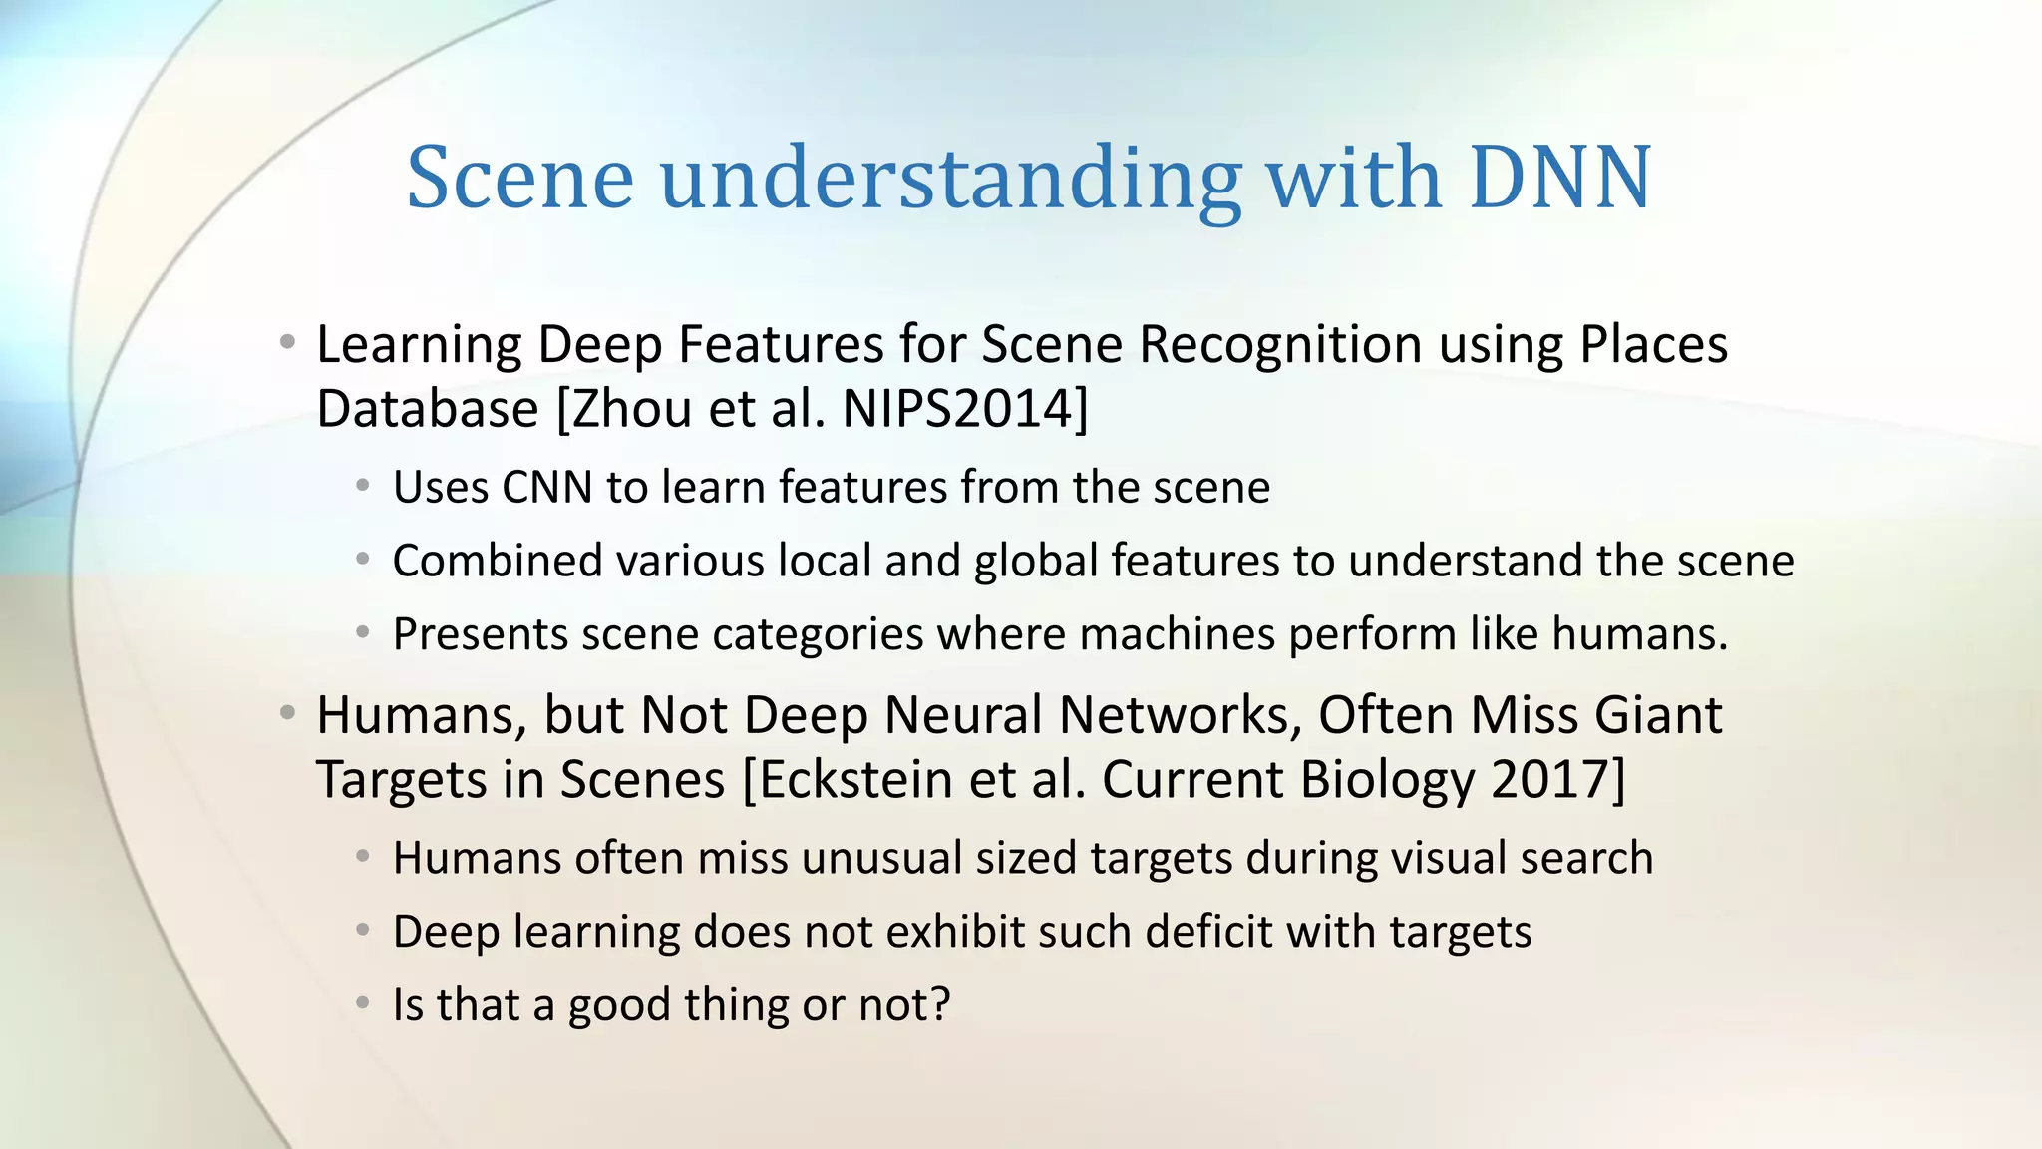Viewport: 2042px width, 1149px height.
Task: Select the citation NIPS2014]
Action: point(965,409)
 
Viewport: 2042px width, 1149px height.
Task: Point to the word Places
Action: point(1653,345)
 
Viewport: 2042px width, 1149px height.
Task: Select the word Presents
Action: point(481,634)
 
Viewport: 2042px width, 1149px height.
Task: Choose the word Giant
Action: point(1658,715)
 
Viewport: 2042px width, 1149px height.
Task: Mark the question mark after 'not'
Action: point(938,1005)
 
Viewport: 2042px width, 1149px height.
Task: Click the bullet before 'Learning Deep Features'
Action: point(287,343)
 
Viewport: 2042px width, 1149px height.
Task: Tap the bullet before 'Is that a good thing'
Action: point(363,1003)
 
